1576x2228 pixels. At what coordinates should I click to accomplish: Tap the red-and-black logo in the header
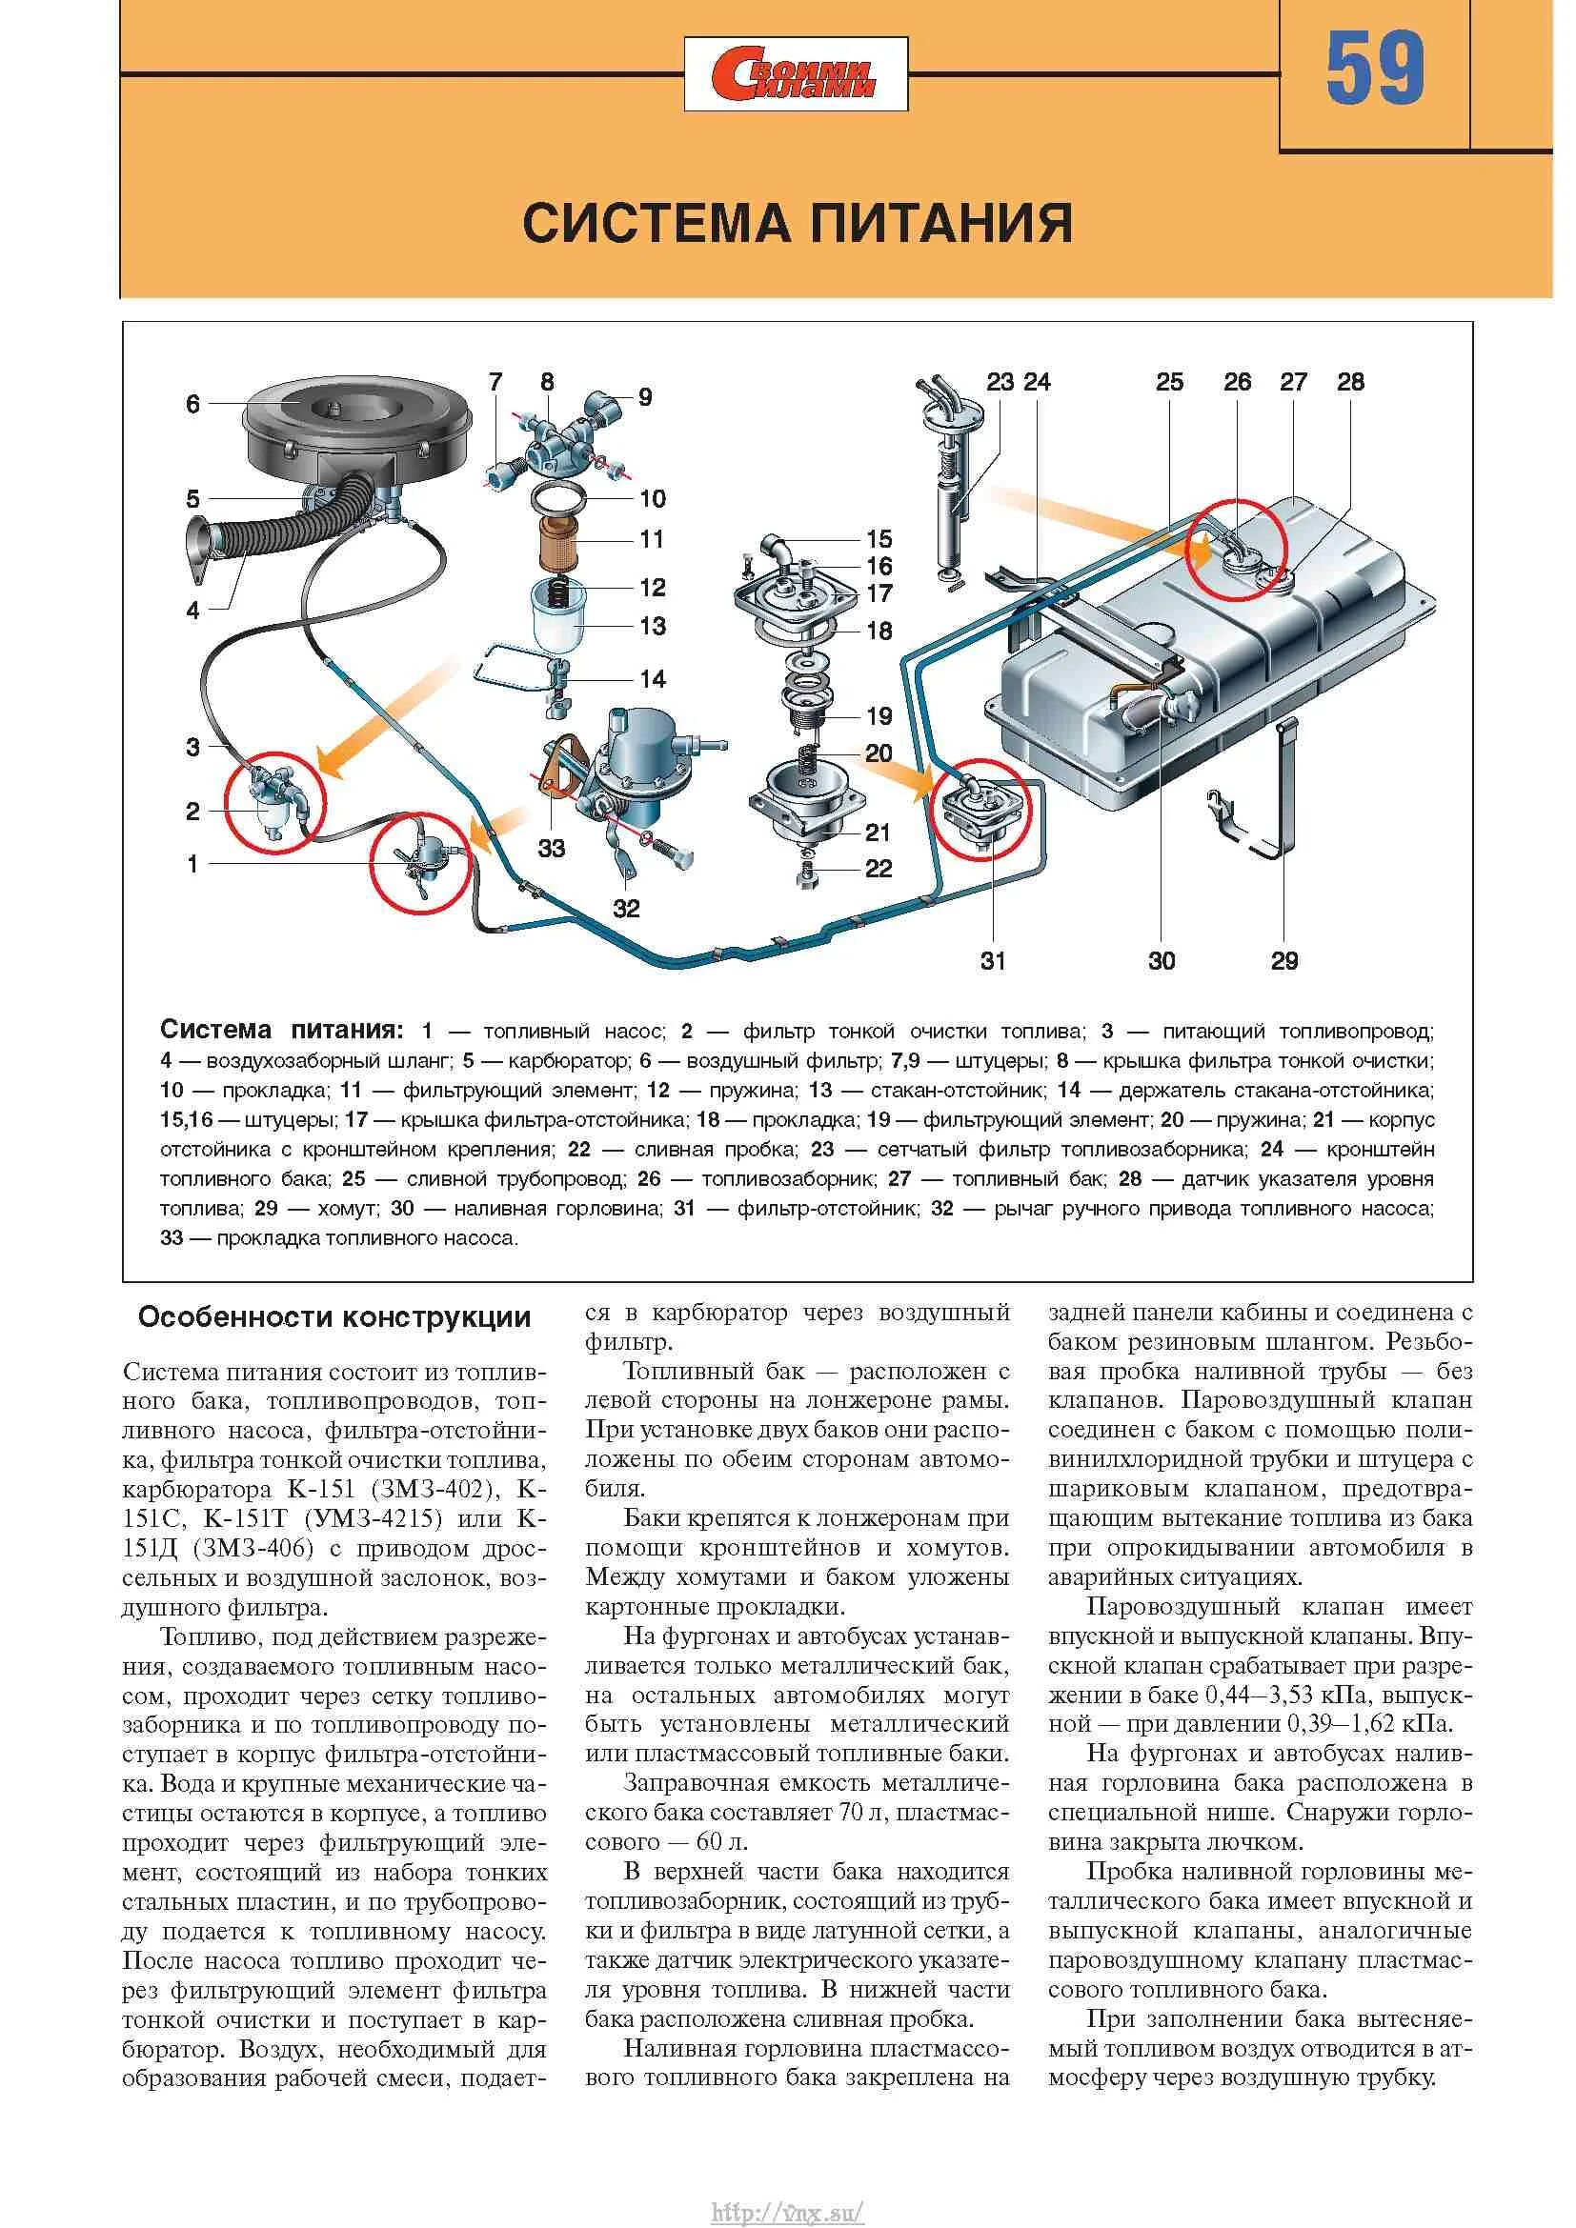[x=795, y=74]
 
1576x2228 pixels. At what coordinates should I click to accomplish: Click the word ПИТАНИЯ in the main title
[x=940, y=223]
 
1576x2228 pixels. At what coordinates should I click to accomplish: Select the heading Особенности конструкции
[x=333, y=1317]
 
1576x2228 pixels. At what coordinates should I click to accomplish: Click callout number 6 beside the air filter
[x=192, y=404]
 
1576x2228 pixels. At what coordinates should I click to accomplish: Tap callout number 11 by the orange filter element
[x=652, y=538]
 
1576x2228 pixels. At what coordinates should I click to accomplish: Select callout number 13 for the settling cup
[x=653, y=626]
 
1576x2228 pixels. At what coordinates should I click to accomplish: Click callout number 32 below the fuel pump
[x=626, y=909]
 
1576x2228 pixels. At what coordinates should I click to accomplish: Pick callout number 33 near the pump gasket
[x=551, y=848]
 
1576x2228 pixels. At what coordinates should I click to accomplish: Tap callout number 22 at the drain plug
[x=879, y=869]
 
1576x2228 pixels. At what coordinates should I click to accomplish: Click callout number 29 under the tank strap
[x=1283, y=961]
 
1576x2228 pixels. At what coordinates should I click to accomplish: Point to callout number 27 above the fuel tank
[x=1294, y=382]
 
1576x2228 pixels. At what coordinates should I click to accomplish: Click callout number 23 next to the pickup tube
[x=1000, y=382]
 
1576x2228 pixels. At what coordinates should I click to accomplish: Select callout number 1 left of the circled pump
[x=192, y=864]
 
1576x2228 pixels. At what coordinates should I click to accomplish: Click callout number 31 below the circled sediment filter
[x=993, y=961]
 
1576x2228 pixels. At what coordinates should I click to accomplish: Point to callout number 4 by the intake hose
[x=192, y=611]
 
